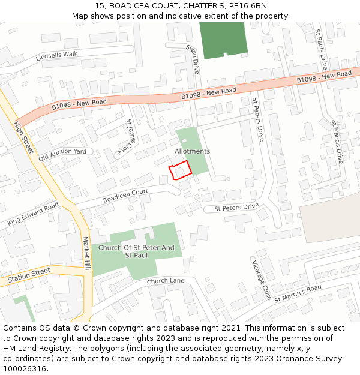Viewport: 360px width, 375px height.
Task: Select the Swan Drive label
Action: [192, 58]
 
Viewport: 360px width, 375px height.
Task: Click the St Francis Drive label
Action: [336, 141]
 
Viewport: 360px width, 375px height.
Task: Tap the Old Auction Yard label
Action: [62, 155]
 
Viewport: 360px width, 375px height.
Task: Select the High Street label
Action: [23, 137]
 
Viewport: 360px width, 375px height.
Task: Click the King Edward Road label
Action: [33, 214]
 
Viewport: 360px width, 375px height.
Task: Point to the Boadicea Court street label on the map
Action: [125, 196]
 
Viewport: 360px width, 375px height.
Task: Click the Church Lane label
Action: [165, 281]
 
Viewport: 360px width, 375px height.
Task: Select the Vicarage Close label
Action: [261, 279]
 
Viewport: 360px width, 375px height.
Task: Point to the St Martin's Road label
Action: [298, 293]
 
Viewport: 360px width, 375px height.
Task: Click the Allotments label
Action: [192, 151]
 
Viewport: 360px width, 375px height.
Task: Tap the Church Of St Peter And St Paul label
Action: [136, 251]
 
